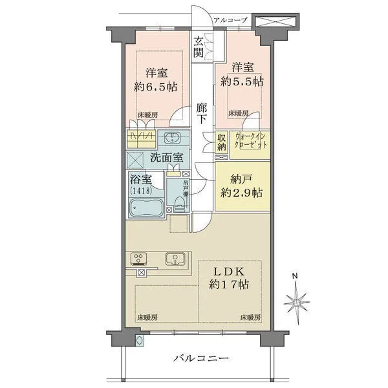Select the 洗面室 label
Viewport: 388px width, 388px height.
(x=166, y=157)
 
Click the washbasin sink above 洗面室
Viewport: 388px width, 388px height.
(x=173, y=138)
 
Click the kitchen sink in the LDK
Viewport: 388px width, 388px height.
(x=175, y=259)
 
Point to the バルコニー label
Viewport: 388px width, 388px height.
(x=200, y=358)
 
